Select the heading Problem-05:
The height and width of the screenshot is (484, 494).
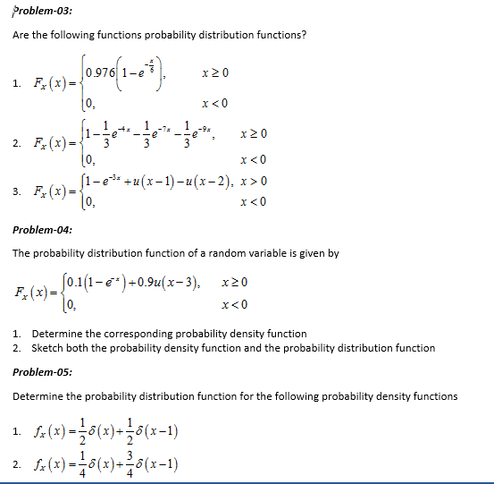43,371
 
